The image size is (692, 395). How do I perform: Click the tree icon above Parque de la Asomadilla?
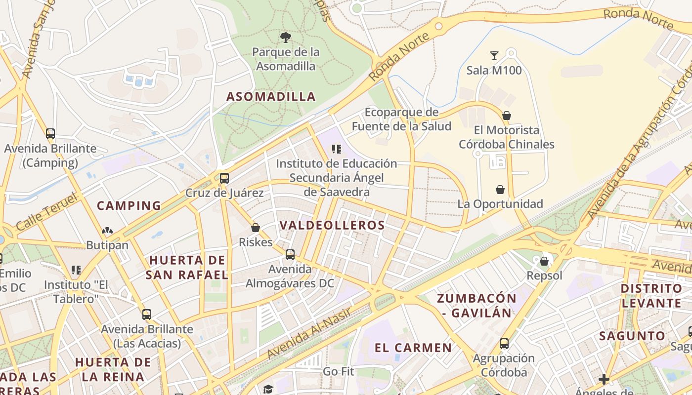[x=285, y=37]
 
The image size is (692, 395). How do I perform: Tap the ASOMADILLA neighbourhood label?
[x=271, y=96]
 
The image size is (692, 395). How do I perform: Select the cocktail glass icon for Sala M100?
[x=494, y=55]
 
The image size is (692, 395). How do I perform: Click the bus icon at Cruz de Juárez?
[x=224, y=178]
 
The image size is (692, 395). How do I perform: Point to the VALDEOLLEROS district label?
[x=332, y=225]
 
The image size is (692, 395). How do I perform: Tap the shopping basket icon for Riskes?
[x=256, y=228]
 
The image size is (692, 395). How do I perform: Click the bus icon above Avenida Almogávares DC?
[x=290, y=255]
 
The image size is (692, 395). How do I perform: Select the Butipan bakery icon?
[x=107, y=231]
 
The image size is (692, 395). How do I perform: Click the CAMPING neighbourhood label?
[x=129, y=205]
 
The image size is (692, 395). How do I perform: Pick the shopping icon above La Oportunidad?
[x=500, y=190]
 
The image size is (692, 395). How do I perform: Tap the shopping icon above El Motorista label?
[x=507, y=116]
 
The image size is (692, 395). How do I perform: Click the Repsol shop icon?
[x=544, y=261]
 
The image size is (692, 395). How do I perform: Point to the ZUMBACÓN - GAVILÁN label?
[x=476, y=305]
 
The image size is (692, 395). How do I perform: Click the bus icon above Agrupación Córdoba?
[x=504, y=344]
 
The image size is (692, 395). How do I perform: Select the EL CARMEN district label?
[x=413, y=348]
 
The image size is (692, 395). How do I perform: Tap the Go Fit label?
[x=339, y=371]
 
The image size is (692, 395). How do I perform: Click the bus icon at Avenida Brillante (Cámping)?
[x=50, y=133]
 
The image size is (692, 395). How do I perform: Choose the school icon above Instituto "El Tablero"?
[x=76, y=270]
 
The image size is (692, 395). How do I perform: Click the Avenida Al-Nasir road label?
[x=309, y=333]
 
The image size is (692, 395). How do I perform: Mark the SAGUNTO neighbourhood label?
[x=632, y=336]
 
